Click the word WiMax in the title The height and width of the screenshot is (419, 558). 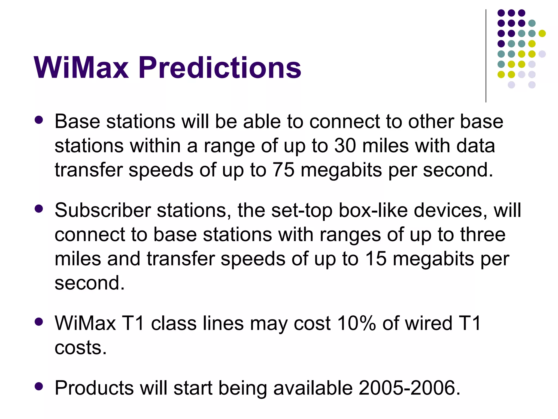[81, 67]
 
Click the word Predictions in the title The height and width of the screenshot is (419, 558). [220, 67]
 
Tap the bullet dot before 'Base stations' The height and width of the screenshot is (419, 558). [39, 120]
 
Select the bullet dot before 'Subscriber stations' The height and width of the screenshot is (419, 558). [39, 209]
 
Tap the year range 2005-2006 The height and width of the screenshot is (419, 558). [409, 388]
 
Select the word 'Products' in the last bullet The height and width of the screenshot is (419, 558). [94, 388]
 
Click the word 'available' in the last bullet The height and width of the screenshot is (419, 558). [313, 388]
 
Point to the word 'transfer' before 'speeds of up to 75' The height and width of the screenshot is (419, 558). [88, 170]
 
